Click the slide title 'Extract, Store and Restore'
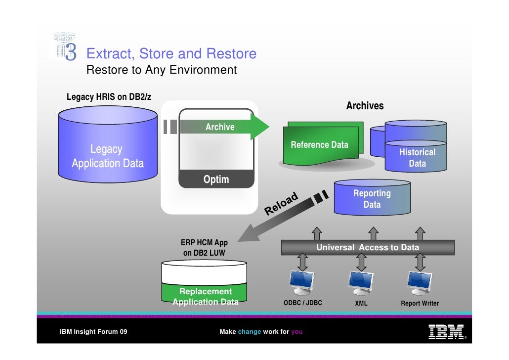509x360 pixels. click(x=171, y=53)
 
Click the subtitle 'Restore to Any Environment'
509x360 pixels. click(x=162, y=70)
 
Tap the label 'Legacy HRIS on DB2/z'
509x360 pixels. click(x=109, y=97)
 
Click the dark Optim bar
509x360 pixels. click(x=216, y=180)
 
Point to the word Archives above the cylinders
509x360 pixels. click(x=364, y=106)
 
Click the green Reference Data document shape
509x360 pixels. click(x=319, y=146)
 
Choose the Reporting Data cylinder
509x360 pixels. click(x=372, y=199)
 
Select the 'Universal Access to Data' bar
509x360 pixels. click(x=367, y=247)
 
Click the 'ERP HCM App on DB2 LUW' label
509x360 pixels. click(x=204, y=248)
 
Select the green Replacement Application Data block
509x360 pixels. click(x=205, y=296)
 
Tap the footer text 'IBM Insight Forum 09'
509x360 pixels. click(x=93, y=332)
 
